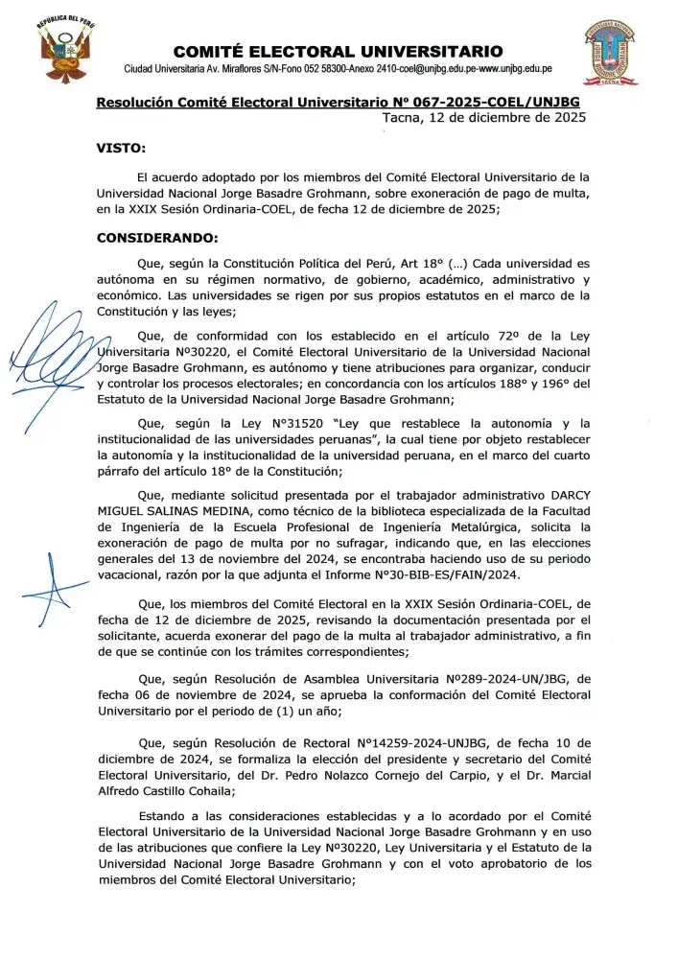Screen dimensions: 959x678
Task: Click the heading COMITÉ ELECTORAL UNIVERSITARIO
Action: (x=338, y=51)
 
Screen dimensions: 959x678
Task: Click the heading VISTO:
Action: (x=121, y=149)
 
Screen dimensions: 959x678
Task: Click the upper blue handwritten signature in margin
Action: (x=56, y=350)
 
